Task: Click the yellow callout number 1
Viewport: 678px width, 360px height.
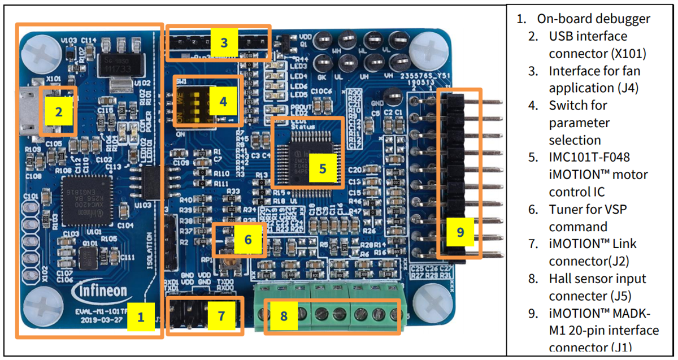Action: (x=141, y=317)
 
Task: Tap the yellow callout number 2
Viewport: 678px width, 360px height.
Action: (x=58, y=111)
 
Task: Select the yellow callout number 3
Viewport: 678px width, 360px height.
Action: (x=224, y=42)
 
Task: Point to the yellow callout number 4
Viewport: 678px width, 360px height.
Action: (x=223, y=102)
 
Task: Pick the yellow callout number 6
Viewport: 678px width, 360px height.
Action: (x=248, y=239)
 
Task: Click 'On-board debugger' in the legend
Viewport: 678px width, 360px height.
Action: (x=593, y=19)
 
